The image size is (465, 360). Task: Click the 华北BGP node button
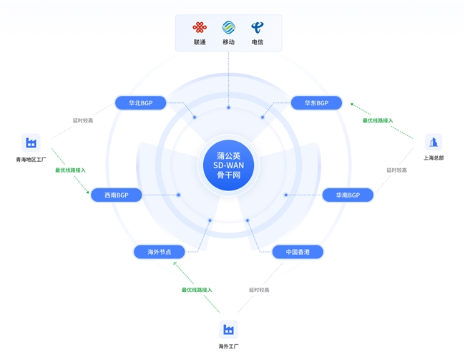[x=140, y=103]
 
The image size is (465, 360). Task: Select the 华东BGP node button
[x=316, y=103]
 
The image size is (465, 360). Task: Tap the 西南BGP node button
[x=116, y=195]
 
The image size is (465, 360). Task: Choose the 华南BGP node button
[x=348, y=195]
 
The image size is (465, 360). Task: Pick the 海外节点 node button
[x=160, y=252]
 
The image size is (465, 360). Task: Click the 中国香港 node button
[x=298, y=252]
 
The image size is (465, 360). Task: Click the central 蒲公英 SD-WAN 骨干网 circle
[x=228, y=165]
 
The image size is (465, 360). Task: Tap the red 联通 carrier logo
[x=200, y=27]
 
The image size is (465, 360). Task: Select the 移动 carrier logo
[x=229, y=27]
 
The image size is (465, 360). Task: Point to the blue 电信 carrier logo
[x=257, y=27]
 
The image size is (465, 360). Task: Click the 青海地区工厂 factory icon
[x=31, y=142]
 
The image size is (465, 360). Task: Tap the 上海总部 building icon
[x=434, y=142]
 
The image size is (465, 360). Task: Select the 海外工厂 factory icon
[x=228, y=329]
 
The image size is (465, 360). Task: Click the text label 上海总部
[x=434, y=158]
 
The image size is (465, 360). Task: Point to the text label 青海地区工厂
[x=31, y=160]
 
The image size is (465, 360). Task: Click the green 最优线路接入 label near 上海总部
[x=378, y=120]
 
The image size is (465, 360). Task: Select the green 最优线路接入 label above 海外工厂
[x=197, y=290]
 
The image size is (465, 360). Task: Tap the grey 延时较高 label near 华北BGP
[x=83, y=120]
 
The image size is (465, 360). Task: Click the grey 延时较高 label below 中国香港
[x=259, y=290]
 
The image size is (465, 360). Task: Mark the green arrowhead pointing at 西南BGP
[x=87, y=193]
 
